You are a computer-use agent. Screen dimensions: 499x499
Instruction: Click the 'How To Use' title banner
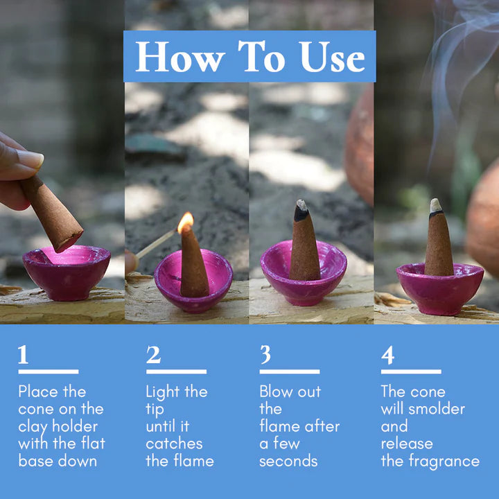249,57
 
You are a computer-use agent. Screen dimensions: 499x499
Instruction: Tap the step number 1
24,355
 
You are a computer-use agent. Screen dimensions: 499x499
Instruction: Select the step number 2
153,355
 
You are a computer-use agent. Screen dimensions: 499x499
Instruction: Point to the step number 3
265,355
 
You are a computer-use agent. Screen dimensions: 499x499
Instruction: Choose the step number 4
387,355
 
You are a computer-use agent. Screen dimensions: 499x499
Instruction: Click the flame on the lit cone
185,222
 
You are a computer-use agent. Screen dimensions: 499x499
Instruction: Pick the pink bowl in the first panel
66,272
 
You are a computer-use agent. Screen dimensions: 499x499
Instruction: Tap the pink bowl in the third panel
304,274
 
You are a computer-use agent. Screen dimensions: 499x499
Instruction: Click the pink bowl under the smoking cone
439,288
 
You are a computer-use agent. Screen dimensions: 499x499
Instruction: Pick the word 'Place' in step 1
42,392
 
